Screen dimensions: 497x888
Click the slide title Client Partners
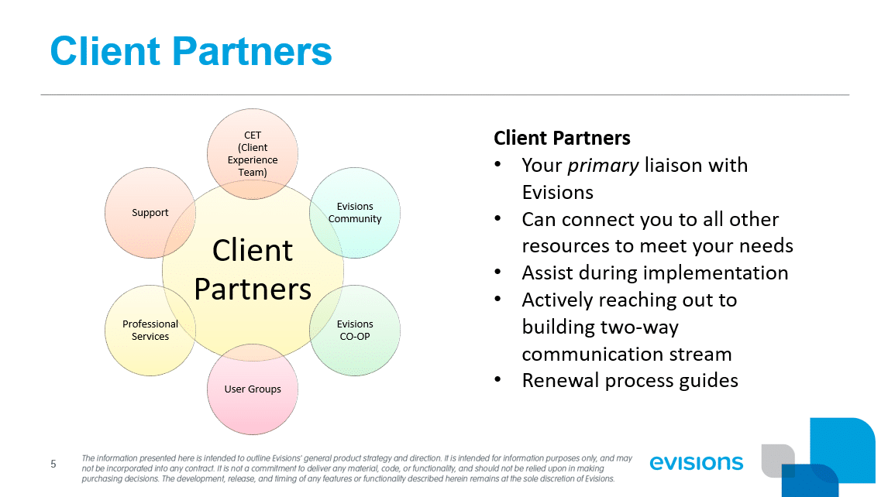pyautogui.click(x=191, y=51)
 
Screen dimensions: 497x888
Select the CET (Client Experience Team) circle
pyautogui.click(x=253, y=153)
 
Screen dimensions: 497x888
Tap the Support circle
pyautogui.click(x=150, y=212)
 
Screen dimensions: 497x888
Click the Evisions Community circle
pyautogui.click(x=355, y=212)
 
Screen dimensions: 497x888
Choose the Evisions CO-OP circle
pyautogui.click(x=355, y=330)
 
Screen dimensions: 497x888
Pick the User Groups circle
pyautogui.click(x=253, y=389)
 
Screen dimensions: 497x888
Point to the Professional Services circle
pyautogui.click(x=150, y=330)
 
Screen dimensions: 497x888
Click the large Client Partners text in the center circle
pyautogui.click(x=253, y=269)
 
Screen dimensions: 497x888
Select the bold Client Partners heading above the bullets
pyautogui.click(x=562, y=138)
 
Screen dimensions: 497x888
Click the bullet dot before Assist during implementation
pyautogui.click(x=500, y=273)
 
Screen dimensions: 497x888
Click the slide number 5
pyautogui.click(x=53, y=464)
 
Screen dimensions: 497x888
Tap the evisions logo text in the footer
pyautogui.click(x=697, y=463)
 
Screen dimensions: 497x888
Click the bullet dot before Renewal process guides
pyautogui.click(x=500, y=381)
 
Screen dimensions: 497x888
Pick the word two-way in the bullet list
pyautogui.click(x=641, y=327)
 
